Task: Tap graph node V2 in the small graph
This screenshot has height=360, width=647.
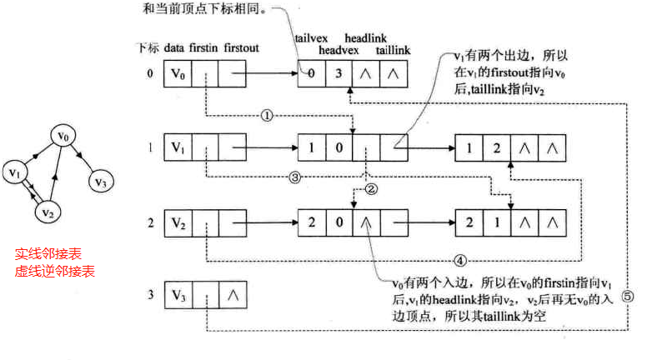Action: point(48,212)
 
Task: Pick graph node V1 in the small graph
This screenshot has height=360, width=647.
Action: point(14,172)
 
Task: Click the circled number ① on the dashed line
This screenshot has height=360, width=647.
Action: point(266,116)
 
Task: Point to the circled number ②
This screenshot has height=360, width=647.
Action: point(372,189)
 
